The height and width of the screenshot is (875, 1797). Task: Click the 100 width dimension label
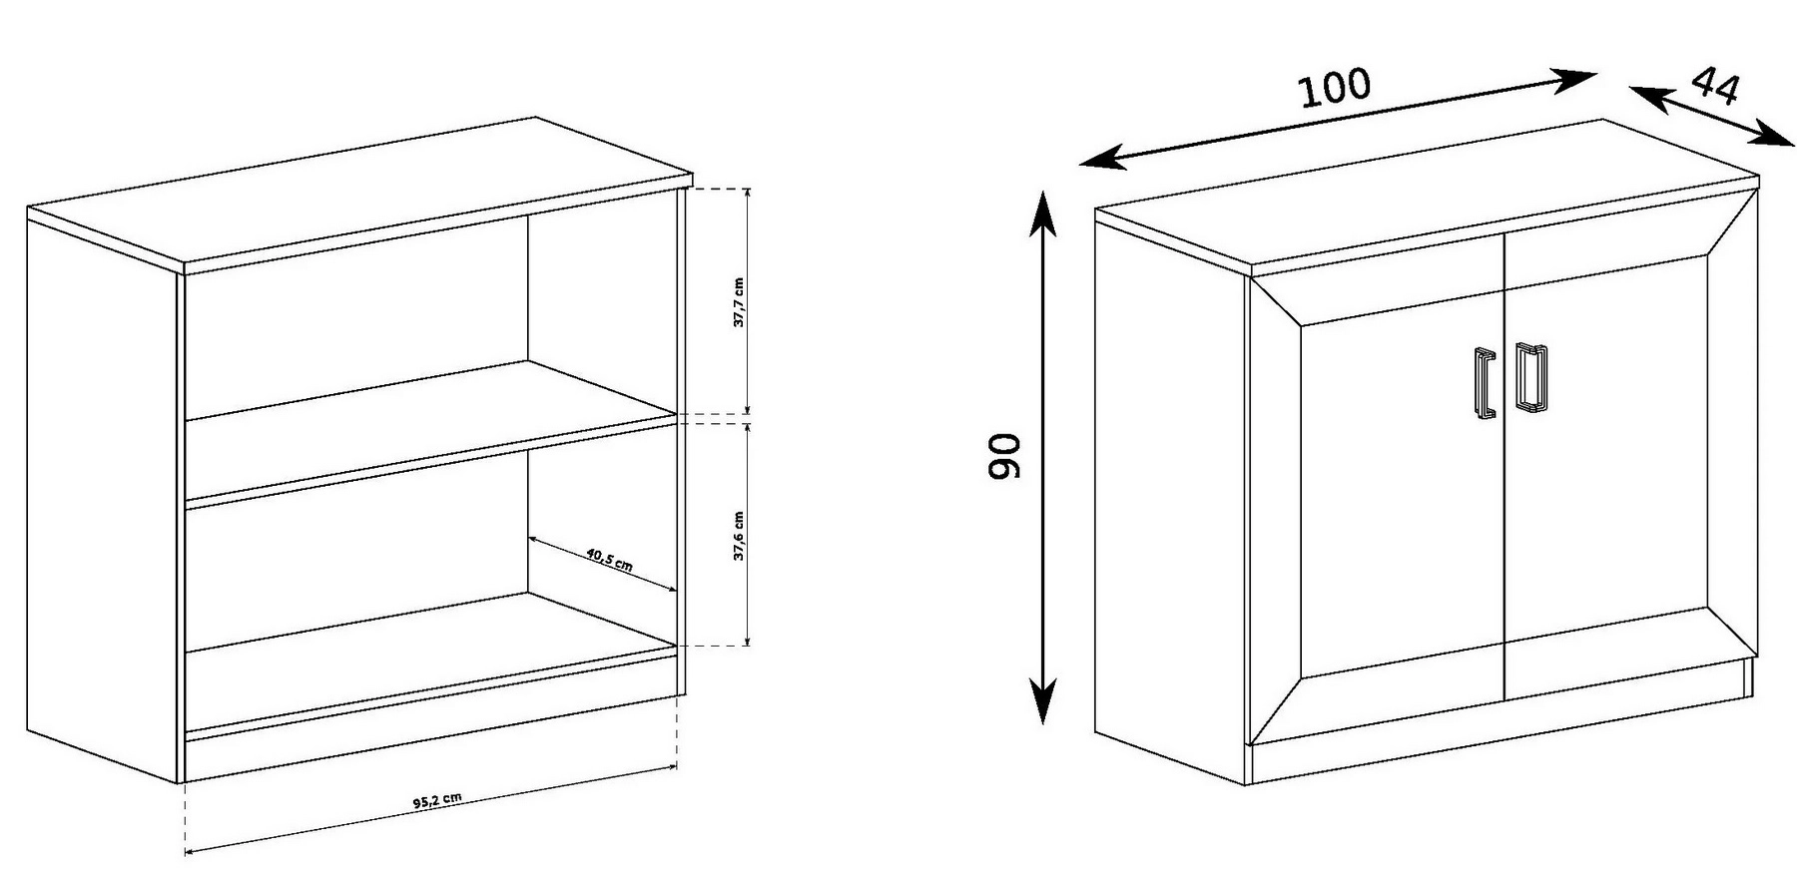point(1335,88)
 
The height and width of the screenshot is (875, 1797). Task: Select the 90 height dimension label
point(1004,456)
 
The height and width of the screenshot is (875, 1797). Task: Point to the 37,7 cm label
point(739,302)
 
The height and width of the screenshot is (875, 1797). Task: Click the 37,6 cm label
point(739,536)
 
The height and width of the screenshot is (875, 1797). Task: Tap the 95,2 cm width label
point(436,800)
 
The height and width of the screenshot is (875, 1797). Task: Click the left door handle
point(1484,382)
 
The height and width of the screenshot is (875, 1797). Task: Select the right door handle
point(1530,377)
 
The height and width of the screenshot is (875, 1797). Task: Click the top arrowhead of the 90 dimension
point(1042,212)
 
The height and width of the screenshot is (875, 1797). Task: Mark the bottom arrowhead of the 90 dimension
point(1042,701)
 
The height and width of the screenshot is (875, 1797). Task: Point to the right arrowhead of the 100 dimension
point(1574,80)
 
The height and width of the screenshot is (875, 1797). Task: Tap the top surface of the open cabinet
point(359,195)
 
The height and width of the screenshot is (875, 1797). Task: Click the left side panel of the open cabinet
point(103,499)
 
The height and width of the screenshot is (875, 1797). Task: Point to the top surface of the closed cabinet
point(1428,195)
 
